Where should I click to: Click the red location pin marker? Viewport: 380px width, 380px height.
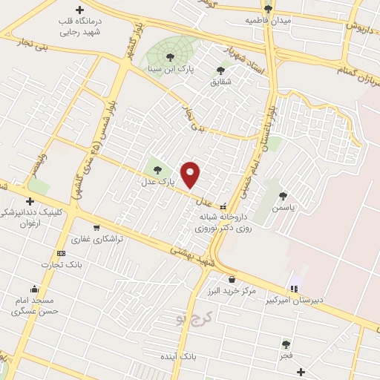point(191,174)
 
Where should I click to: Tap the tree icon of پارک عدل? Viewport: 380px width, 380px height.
point(156,171)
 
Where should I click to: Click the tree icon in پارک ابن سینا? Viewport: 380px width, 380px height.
point(171,57)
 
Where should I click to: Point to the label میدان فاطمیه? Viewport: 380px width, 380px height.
point(272,21)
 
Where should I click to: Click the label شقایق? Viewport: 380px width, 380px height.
point(220,82)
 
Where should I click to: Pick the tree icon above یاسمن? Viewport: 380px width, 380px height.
point(282,196)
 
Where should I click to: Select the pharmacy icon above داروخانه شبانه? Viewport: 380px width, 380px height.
point(223,207)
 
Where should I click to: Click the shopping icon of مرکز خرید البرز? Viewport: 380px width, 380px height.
point(232,280)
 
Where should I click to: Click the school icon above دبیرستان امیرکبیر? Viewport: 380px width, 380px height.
point(295,288)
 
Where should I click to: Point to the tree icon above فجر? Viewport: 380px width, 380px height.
point(286,344)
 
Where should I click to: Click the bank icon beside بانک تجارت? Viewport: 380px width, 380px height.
point(61,253)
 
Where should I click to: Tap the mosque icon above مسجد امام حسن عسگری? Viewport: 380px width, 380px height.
point(33,289)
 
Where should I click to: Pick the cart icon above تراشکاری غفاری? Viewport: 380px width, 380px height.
point(96,228)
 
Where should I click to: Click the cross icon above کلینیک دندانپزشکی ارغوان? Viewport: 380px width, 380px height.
point(30,201)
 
